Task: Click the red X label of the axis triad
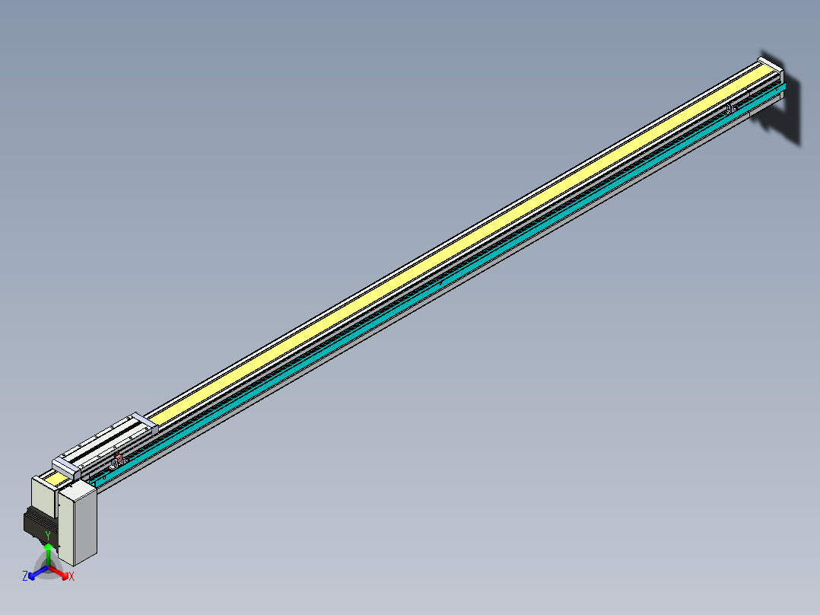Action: tap(72, 577)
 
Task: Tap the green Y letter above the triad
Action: tap(48, 534)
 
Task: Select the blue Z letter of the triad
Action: tap(25, 576)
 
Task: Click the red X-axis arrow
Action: tap(59, 572)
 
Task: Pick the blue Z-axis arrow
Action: tap(37, 572)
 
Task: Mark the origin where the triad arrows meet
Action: tap(48, 568)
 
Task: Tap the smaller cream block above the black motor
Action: tap(43, 495)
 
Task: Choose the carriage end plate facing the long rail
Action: tap(143, 423)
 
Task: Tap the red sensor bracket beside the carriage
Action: tap(118, 458)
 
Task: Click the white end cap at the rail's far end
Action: tap(769, 64)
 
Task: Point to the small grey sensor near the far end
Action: tap(730, 109)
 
